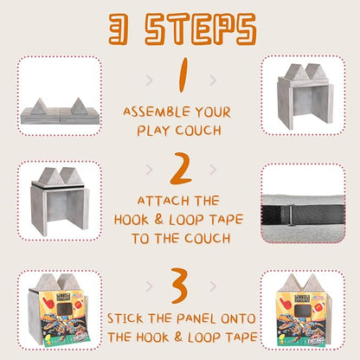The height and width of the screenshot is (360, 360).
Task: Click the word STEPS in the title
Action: [200, 29]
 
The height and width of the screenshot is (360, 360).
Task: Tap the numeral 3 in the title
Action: [119, 29]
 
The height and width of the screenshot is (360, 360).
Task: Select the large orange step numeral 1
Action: [182, 75]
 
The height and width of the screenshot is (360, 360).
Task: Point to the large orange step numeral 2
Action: [181, 169]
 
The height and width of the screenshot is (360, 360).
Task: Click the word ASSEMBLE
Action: [157, 112]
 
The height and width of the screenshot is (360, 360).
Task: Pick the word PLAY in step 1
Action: [153, 131]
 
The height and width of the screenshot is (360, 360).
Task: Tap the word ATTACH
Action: [163, 201]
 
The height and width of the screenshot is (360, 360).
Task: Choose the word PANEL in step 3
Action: [196, 318]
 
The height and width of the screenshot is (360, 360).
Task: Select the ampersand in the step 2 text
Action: [158, 220]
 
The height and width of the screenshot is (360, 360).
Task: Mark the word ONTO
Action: [238, 318]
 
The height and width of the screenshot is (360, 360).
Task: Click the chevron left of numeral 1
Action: [149, 80]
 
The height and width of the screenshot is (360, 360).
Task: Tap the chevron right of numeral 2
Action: [213, 170]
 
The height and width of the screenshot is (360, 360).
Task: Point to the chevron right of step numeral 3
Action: [213, 286]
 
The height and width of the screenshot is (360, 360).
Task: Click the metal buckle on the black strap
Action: [290, 215]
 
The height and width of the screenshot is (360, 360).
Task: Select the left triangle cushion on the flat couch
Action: [39, 106]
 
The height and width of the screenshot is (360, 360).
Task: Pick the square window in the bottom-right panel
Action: [301, 310]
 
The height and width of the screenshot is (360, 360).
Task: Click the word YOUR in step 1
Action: [213, 112]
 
